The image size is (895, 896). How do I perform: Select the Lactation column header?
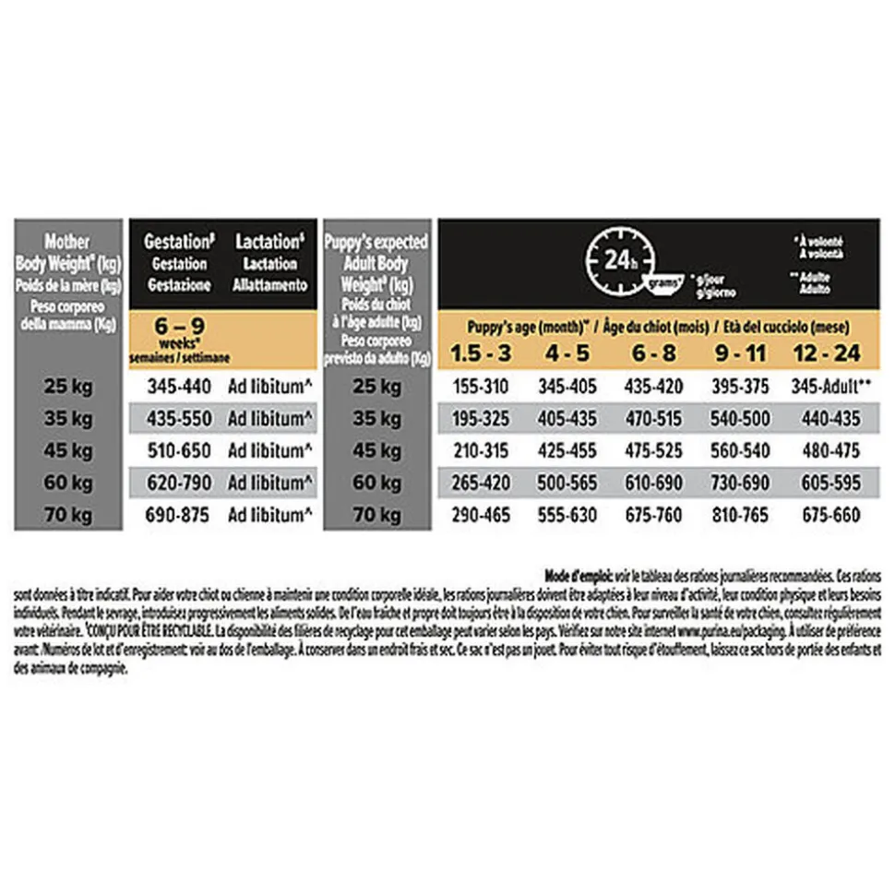pos(269,263)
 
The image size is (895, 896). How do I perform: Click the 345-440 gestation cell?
pos(178,388)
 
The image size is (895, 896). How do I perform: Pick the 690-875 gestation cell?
pos(178,515)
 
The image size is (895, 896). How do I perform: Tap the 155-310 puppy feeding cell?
pos(482,388)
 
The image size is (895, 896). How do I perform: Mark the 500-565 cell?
pos(567,483)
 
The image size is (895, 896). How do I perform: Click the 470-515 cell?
pos(653,419)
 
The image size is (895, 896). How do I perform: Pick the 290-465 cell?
pos(482,515)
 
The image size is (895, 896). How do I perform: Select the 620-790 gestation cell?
pos(178,483)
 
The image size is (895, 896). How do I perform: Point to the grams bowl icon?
pos(666,281)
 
